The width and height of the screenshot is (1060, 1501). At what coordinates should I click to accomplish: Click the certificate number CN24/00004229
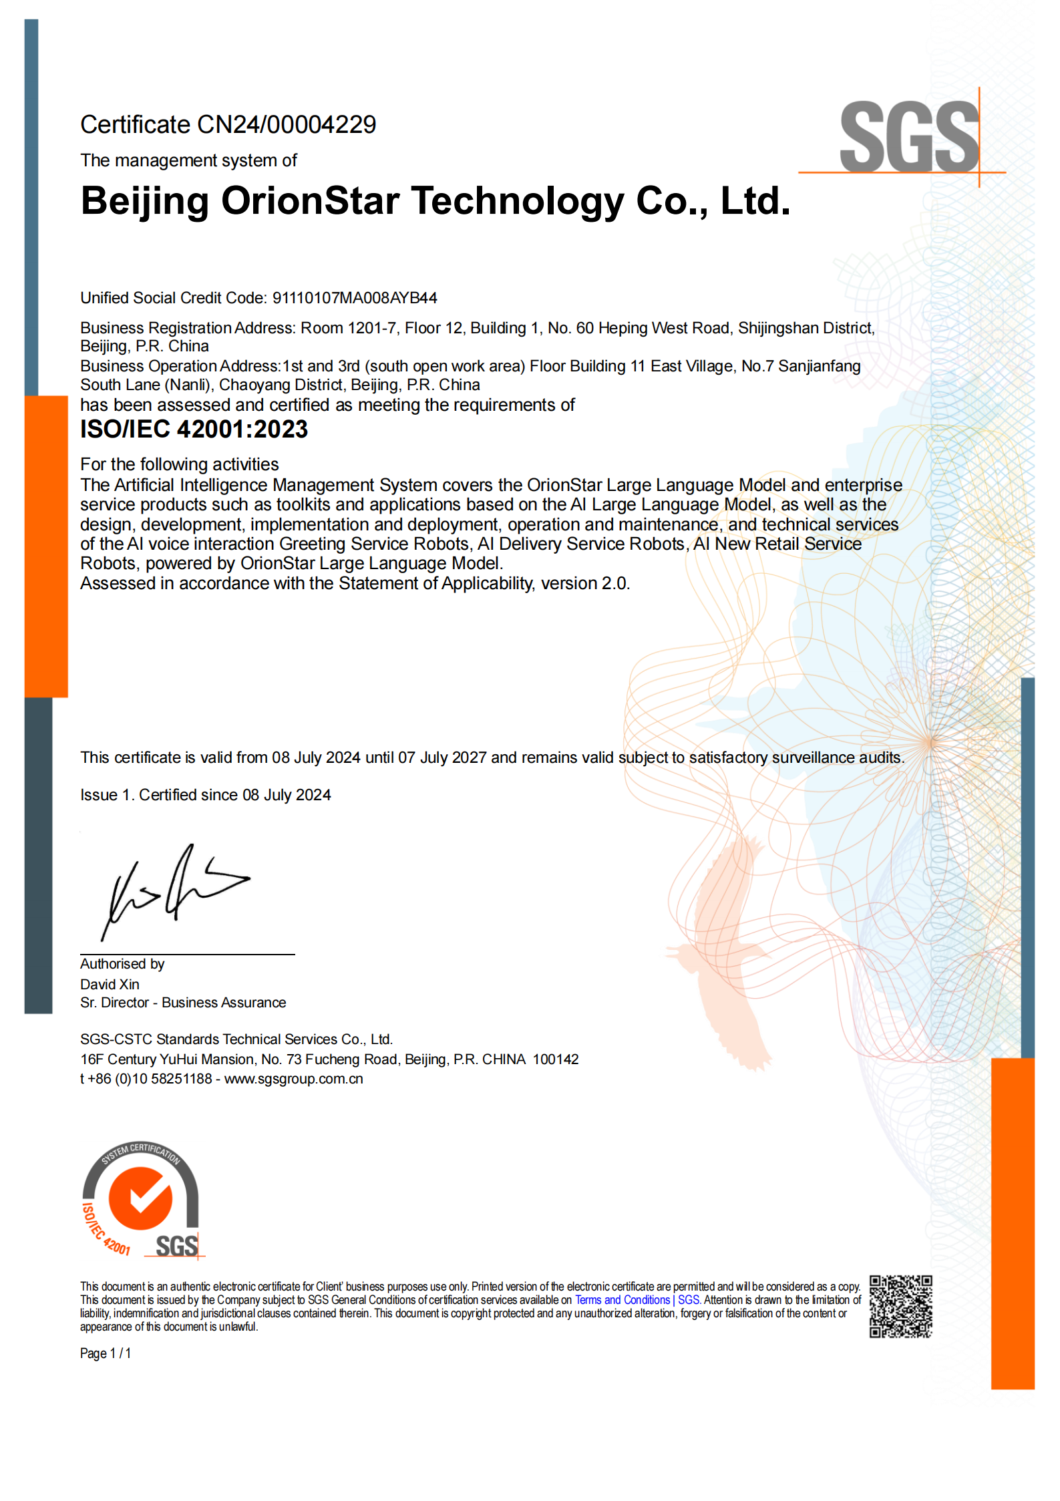287,125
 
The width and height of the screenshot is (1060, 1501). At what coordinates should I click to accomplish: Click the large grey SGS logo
908,137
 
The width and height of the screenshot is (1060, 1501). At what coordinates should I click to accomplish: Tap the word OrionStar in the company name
310,200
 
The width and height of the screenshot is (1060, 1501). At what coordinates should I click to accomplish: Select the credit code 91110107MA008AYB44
354,298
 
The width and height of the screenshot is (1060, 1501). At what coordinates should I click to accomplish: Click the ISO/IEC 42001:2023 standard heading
194,430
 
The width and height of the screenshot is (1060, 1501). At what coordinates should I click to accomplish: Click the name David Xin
110,984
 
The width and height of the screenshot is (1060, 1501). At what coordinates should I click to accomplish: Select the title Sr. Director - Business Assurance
182,1003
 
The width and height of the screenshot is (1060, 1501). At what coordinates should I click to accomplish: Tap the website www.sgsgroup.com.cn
293,1079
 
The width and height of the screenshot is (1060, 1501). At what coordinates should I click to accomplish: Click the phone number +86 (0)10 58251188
150,1079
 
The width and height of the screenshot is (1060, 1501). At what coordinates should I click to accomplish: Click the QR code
900,1307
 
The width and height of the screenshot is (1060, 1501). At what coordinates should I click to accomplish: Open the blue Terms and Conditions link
622,1300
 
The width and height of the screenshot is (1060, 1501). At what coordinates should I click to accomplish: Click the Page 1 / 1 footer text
106,1353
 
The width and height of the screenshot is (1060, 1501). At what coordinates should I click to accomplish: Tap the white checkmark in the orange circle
141,1198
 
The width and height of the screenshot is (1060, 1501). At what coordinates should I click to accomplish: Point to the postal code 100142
555,1059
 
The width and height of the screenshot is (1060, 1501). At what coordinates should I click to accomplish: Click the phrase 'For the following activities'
179,464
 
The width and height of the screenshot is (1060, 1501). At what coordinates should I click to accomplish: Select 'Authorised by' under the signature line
122,964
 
